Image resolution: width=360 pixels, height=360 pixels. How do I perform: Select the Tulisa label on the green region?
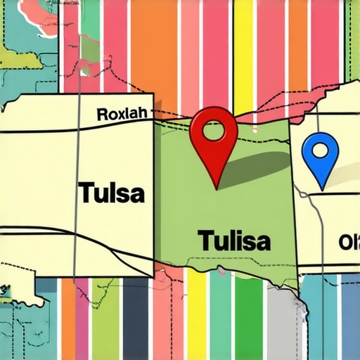(x=233, y=240)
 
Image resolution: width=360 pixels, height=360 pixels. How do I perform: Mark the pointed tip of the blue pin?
(x=321, y=188)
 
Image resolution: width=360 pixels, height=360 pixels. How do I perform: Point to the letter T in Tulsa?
(x=84, y=192)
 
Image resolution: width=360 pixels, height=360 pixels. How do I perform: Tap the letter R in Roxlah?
(x=101, y=113)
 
